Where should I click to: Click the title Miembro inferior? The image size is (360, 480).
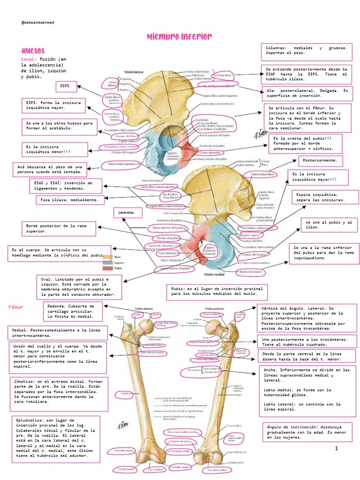click(180, 37)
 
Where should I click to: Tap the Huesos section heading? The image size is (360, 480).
click(33, 51)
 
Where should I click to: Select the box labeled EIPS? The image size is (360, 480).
click(66, 87)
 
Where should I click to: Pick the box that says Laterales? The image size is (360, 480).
click(127, 213)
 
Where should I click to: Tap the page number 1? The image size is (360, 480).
click(336, 449)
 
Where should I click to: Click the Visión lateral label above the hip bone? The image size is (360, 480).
click(134, 73)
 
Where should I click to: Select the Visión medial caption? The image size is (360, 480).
click(215, 275)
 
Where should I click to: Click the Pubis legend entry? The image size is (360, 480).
click(118, 269)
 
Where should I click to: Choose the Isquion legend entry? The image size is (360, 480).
click(119, 263)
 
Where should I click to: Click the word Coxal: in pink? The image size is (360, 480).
click(29, 59)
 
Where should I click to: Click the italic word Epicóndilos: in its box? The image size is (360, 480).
click(30, 420)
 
